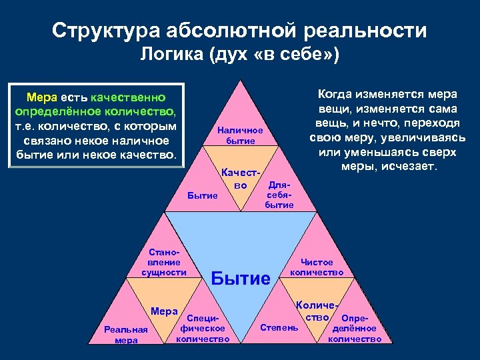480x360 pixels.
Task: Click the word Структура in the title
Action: pyautogui.click(x=105, y=31)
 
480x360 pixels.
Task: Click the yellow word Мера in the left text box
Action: pyautogui.click(x=41, y=98)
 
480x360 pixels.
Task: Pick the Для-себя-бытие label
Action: pyautogui.click(x=279, y=194)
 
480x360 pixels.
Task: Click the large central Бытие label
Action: pyautogui.click(x=241, y=278)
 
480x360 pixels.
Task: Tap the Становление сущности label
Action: pyautogui.click(x=163, y=263)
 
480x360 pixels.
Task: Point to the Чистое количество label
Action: pyautogui.click(x=317, y=267)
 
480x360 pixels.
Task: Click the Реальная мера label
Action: pyautogui.click(x=127, y=335)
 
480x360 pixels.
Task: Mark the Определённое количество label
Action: pyautogui.click(x=355, y=329)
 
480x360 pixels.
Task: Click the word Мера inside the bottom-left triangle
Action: pyautogui.click(x=164, y=311)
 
